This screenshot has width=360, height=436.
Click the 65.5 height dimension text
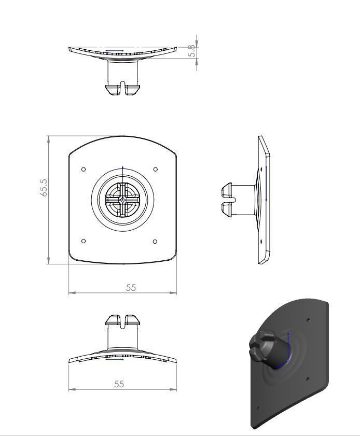click(x=45, y=188)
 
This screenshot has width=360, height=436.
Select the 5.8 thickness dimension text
click(x=191, y=50)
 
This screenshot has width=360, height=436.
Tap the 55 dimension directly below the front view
click(x=131, y=287)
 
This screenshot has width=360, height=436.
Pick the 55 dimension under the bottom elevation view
click(x=119, y=384)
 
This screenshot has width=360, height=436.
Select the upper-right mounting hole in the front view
click(x=156, y=170)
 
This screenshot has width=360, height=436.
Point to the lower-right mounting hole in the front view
click(x=156, y=241)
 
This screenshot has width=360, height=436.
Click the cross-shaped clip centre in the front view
click(x=122, y=199)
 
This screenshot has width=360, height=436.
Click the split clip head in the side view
click(x=227, y=199)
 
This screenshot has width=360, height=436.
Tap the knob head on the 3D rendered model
click(x=260, y=347)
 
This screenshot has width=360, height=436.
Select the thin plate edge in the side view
click(x=265, y=200)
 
